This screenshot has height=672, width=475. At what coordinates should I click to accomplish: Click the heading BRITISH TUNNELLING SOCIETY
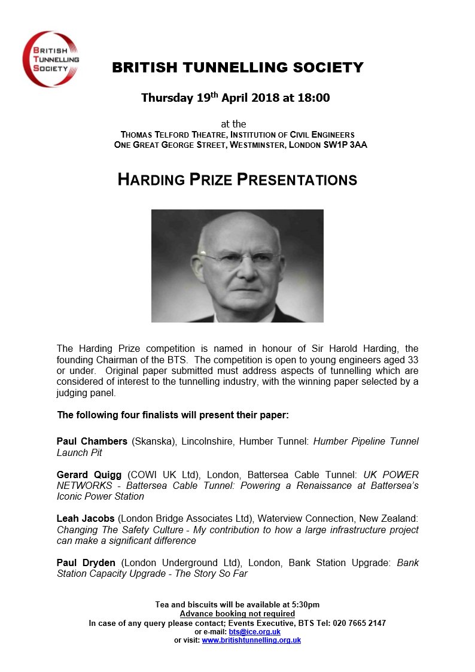(x=237, y=68)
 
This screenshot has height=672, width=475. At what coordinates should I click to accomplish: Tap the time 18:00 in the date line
(x=314, y=98)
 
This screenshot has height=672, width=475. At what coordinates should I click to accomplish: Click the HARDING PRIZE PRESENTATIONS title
(x=237, y=180)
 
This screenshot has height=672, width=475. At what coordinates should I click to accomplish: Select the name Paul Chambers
(x=92, y=442)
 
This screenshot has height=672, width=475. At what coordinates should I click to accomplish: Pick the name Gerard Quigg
(x=90, y=474)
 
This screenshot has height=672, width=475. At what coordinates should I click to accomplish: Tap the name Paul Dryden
(x=86, y=563)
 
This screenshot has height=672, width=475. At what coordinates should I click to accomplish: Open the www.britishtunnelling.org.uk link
(x=251, y=640)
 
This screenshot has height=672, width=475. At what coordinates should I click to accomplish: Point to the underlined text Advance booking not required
(x=237, y=613)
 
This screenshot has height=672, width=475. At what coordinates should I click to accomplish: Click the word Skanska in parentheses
(x=150, y=442)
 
